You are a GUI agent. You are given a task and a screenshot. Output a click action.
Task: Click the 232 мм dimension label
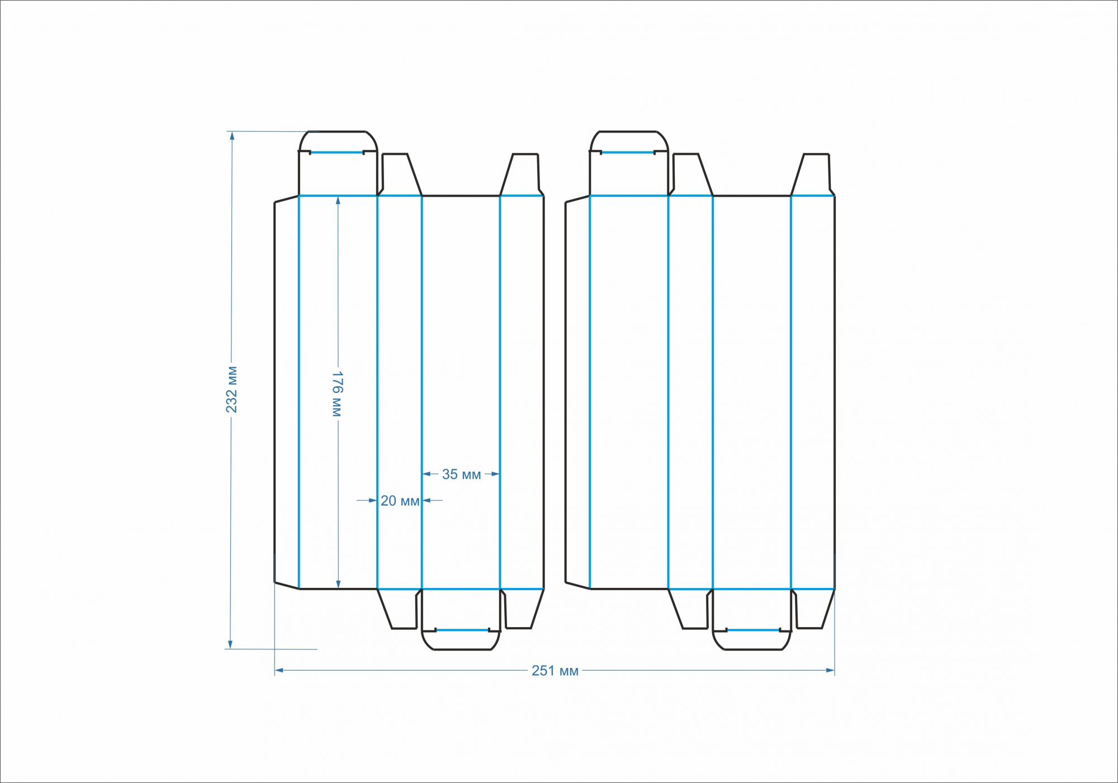231,390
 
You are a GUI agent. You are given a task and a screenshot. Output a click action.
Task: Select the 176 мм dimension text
337,393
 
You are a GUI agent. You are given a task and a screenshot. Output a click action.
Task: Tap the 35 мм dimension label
461,474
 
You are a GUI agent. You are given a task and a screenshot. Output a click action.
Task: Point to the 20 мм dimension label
400,501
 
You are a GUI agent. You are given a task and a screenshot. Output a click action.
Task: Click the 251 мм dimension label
555,671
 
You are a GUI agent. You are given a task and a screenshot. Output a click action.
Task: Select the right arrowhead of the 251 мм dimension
830,670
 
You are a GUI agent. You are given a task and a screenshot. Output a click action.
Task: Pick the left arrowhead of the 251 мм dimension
279,670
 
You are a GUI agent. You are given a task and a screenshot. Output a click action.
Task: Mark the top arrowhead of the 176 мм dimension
338,201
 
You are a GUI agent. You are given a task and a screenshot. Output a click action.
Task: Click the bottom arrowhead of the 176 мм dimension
338,584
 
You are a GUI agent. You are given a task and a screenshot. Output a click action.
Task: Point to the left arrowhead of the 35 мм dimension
427,474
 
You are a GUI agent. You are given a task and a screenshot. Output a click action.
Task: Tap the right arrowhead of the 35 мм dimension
495,474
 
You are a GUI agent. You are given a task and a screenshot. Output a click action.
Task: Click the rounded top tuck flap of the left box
338,141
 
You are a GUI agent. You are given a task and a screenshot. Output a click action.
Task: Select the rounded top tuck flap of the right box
629,141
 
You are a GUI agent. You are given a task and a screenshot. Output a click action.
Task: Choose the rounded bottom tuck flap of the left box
461,640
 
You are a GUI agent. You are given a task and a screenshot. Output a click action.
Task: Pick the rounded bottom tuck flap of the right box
752,640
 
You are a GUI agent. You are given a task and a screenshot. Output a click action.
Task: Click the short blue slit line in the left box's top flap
337,152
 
